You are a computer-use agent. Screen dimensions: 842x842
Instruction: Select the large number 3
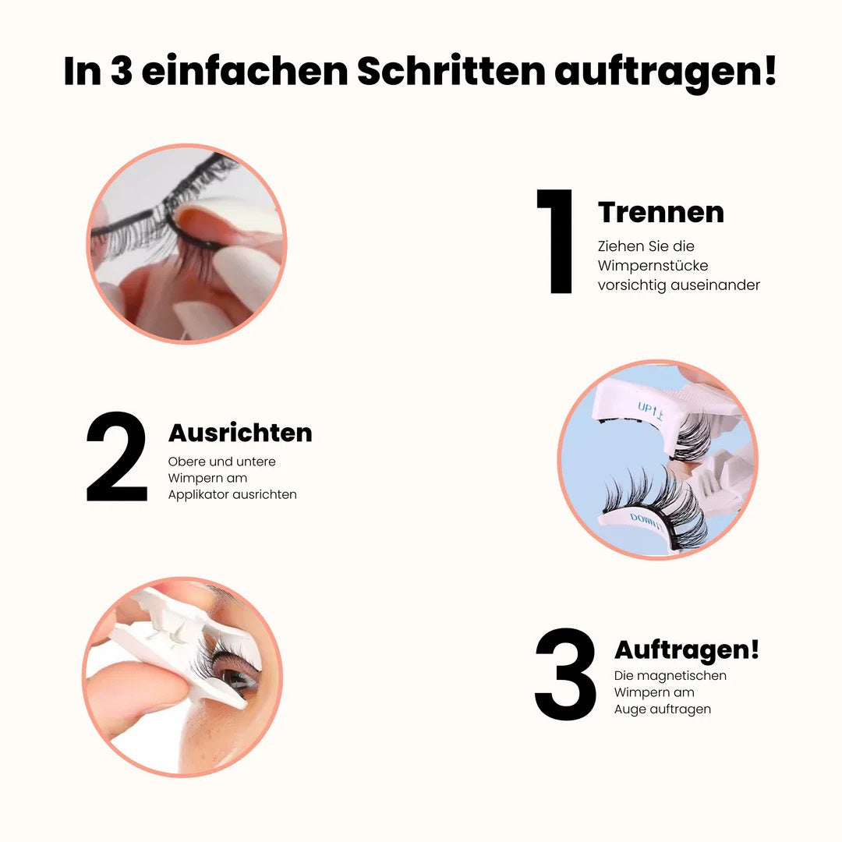(566, 674)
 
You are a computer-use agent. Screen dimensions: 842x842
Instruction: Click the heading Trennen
(660, 212)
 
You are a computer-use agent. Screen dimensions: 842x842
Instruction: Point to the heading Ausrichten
(240, 433)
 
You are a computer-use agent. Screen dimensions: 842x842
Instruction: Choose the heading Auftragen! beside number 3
(686, 649)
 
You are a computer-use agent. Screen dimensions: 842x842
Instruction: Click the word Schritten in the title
(451, 71)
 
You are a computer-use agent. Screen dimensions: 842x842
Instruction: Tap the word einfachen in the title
(244, 71)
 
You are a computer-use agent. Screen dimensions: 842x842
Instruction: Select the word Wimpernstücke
(653, 266)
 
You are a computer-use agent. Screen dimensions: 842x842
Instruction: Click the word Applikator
(201, 495)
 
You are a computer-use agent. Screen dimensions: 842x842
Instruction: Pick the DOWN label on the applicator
(646, 519)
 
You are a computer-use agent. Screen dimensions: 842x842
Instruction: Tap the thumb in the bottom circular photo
(133, 690)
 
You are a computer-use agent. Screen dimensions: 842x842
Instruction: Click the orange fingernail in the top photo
(195, 222)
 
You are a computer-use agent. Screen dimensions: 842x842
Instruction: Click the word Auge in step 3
(630, 709)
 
